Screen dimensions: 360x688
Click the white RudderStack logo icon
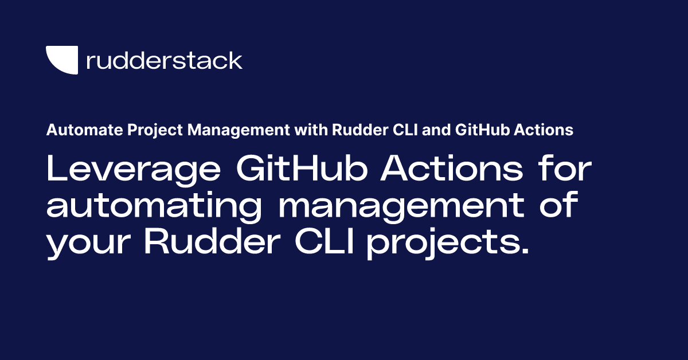[61, 60]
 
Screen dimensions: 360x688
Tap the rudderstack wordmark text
[164, 60]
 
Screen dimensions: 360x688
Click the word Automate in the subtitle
[73, 130]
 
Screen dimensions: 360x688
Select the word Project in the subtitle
[128, 130]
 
